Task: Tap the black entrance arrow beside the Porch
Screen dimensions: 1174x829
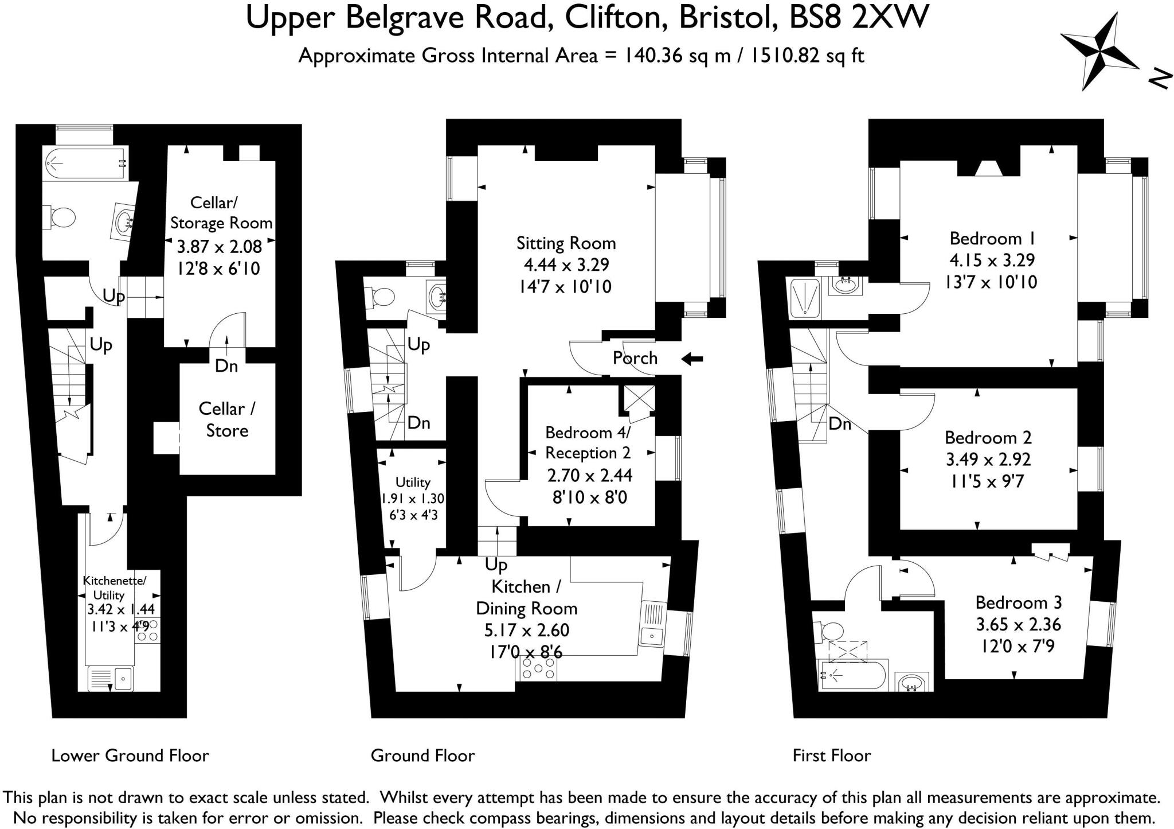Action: click(x=692, y=359)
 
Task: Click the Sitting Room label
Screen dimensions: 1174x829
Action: click(x=566, y=243)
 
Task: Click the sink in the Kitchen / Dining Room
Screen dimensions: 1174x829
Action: click(x=652, y=628)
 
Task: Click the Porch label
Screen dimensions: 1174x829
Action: click(x=635, y=358)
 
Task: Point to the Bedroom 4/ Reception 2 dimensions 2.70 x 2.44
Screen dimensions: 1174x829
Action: click(x=589, y=475)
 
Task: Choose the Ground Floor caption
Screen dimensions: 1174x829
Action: click(x=422, y=756)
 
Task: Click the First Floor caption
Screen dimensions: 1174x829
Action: click(x=831, y=756)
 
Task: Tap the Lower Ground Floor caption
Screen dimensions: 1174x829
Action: click(x=130, y=756)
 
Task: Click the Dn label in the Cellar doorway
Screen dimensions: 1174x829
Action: click(x=226, y=365)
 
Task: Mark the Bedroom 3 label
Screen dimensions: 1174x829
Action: click(x=1018, y=602)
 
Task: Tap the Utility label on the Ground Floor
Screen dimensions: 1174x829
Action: click(x=412, y=482)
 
